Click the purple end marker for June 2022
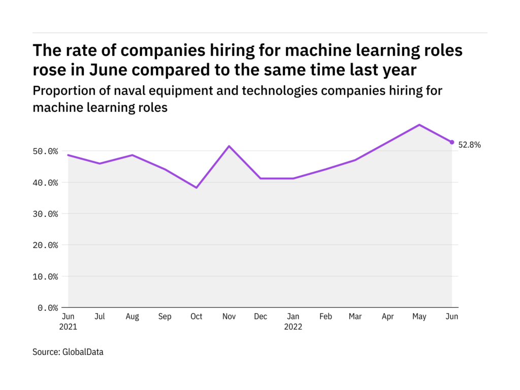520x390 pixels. pyautogui.click(x=451, y=142)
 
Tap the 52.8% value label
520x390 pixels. pyautogui.click(x=469, y=145)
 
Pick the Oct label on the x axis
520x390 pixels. pyautogui.click(x=196, y=316)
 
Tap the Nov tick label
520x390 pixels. pyautogui.click(x=229, y=316)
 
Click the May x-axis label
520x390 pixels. pyautogui.click(x=419, y=316)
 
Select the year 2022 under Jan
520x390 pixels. pyautogui.click(x=293, y=327)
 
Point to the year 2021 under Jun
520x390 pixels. pyautogui.click(x=68, y=327)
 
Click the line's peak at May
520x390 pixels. pyautogui.click(x=419, y=124)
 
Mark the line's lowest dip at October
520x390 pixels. pyautogui.click(x=197, y=188)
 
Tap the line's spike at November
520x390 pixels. pyautogui.click(x=229, y=146)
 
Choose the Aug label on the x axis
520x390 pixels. pyautogui.click(x=132, y=316)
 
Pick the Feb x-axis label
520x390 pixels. pyautogui.click(x=326, y=316)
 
